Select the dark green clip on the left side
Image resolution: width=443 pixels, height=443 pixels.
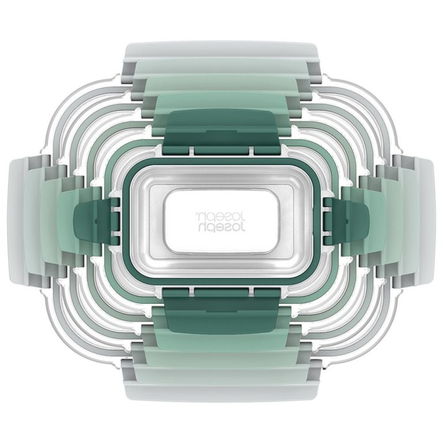[97, 221]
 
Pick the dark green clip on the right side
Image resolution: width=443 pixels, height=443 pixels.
[346, 221]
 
